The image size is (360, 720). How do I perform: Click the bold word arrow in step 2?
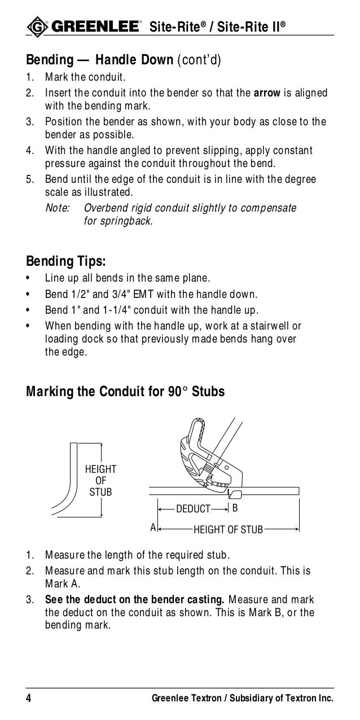pyautogui.click(x=267, y=93)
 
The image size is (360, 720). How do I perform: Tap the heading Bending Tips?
pyautogui.click(x=66, y=262)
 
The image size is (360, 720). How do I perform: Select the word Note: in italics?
pyautogui.click(x=57, y=208)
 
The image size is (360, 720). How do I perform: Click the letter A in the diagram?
pyautogui.click(x=152, y=528)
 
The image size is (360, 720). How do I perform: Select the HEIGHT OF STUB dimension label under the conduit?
pyautogui.click(x=228, y=529)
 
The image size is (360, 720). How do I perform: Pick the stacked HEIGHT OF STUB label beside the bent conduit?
pyautogui.click(x=101, y=480)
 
